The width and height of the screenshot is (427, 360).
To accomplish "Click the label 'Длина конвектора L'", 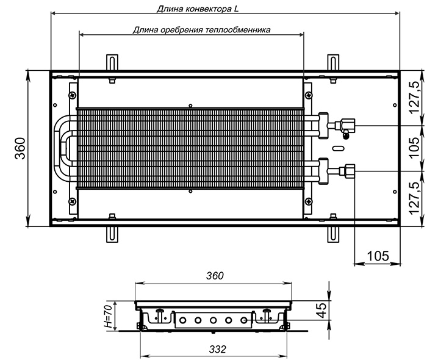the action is click(198, 9).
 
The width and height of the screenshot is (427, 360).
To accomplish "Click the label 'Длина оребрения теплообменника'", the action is click(201, 29).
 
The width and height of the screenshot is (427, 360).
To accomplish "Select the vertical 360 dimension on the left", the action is click(20, 148).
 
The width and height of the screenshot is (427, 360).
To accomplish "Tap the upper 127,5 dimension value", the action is click(415, 98).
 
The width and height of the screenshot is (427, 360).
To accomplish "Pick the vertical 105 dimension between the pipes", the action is click(414, 147).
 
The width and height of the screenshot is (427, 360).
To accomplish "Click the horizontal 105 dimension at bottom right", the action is click(378, 256).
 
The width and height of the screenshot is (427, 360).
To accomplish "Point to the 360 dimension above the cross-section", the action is click(215, 276).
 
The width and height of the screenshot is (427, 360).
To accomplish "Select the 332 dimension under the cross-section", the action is click(218, 349).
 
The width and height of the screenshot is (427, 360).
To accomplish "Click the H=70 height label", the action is click(108, 316).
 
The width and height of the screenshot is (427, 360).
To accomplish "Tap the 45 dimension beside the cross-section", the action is click(322, 310).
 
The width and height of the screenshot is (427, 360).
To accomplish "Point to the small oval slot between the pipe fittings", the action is click(339, 148).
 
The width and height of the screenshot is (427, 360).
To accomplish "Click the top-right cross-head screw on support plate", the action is click(308, 95).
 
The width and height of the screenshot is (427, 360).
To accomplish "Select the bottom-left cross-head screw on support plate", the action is click(73, 201).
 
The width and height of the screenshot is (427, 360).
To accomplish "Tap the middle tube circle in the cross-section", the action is click(213, 320).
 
